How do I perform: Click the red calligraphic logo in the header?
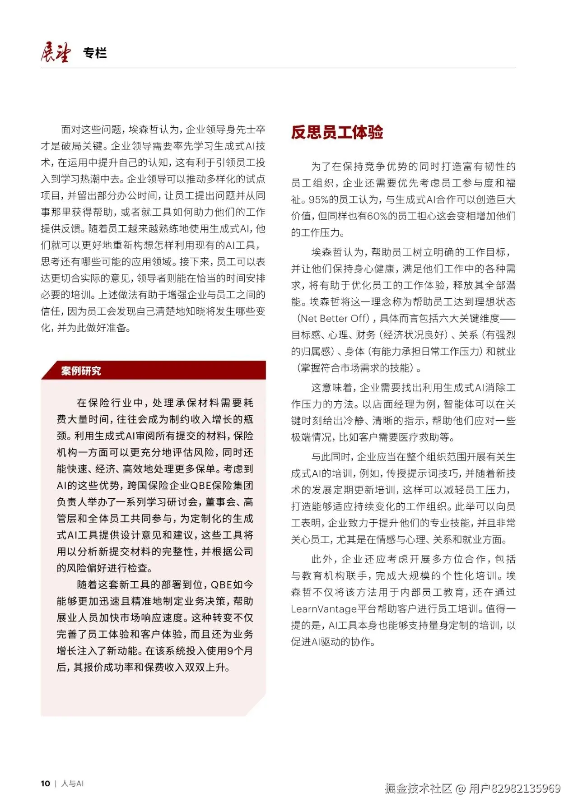[x=55, y=52]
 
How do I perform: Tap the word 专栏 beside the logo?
[x=95, y=53]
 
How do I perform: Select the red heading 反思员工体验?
[x=337, y=132]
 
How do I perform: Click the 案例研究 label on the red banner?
[x=81, y=371]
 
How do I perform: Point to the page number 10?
[x=45, y=783]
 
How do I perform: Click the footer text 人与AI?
[x=72, y=783]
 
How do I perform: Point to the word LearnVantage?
[x=324, y=609]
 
